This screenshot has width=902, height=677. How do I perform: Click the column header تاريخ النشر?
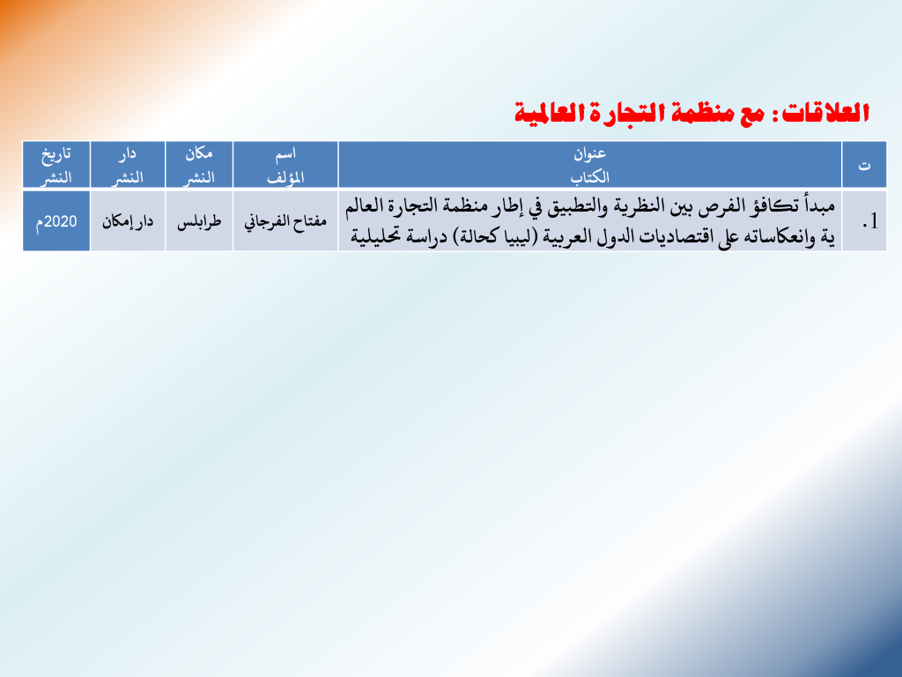56,165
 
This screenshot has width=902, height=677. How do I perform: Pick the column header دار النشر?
128,165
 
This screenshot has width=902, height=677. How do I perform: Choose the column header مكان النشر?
199,165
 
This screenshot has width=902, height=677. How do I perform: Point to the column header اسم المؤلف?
285,165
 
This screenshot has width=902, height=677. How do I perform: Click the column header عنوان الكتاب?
589,165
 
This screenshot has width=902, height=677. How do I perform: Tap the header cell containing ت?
864,165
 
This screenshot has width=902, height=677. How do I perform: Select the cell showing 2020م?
56,221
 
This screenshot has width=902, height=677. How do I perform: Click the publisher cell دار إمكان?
128,221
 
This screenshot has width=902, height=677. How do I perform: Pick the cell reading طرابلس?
199,221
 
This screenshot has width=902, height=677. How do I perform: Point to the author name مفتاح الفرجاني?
285,221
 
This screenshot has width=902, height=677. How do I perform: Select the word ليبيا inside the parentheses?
514,236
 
